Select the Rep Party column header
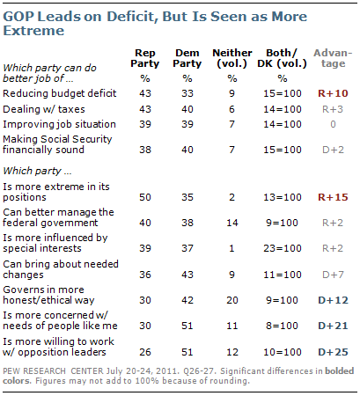145,58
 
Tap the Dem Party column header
187,58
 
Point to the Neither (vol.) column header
232,58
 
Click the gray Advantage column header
333,58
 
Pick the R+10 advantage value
333,93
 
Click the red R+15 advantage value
333,197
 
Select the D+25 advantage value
333,352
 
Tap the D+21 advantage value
333,326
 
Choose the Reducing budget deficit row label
60,93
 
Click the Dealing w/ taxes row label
44,109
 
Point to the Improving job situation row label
59,124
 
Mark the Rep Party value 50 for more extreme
145,197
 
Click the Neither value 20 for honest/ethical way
232,300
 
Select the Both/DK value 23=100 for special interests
283,248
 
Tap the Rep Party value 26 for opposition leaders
145,352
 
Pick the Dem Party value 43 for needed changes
187,275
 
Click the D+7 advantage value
333,275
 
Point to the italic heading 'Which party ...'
37,171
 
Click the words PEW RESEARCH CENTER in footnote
53,371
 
